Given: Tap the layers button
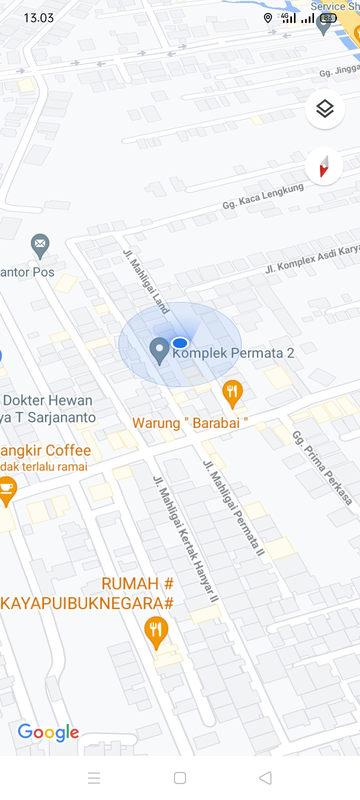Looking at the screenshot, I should tap(325, 108).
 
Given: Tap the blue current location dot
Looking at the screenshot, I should tap(179, 343).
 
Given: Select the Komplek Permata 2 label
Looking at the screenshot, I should tap(233, 353).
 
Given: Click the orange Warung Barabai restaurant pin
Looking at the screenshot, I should tap(232, 392).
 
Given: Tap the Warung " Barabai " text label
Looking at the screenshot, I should tap(190, 423).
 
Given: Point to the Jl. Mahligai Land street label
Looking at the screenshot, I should tap(146, 281).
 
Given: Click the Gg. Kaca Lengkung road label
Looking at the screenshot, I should tap(263, 196).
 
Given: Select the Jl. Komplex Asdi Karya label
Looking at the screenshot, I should tap(312, 258).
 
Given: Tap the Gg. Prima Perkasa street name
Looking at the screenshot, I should tap(322, 467).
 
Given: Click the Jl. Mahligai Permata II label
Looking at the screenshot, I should tap(233, 507).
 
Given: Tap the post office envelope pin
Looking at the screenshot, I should tap(40, 245).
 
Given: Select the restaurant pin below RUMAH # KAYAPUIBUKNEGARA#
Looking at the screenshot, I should tap(156, 631).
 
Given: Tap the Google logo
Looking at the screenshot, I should tap(48, 732).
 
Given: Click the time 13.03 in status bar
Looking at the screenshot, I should tap(38, 18).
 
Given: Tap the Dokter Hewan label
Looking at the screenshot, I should tap(48, 400).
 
